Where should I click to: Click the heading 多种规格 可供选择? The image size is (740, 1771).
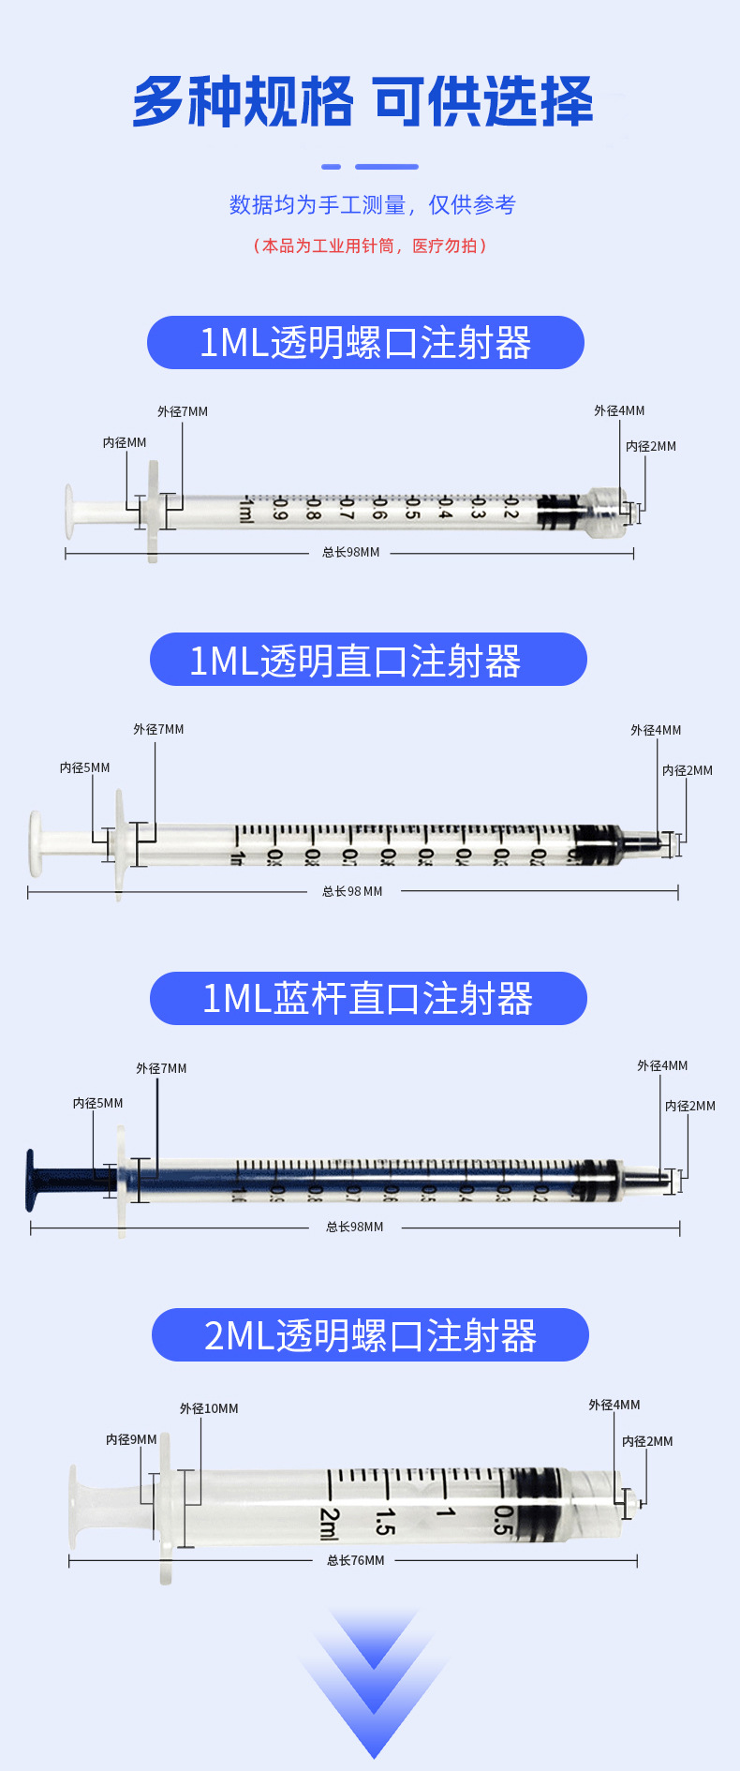point(363,101)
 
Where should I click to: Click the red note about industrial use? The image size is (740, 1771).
point(370,246)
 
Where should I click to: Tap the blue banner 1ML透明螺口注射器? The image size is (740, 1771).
point(365,343)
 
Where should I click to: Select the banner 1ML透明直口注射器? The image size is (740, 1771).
point(367,660)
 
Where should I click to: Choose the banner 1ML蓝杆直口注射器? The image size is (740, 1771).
point(367,999)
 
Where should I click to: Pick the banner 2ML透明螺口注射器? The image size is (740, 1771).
point(370,1335)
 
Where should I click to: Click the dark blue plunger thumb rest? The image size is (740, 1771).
point(32,1180)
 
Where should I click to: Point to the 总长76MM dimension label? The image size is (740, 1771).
point(355,1560)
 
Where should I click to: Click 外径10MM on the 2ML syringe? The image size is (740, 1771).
point(209,1408)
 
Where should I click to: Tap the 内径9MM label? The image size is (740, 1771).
point(131,1439)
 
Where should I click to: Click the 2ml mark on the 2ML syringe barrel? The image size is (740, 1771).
point(329,1524)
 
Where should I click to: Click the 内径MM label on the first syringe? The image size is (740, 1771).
point(125,442)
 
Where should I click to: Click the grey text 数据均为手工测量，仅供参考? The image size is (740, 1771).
point(372,204)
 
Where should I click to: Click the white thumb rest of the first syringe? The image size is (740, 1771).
point(68,512)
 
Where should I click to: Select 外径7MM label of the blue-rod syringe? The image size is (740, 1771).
point(161,1068)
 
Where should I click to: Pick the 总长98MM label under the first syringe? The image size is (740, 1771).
point(350,553)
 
